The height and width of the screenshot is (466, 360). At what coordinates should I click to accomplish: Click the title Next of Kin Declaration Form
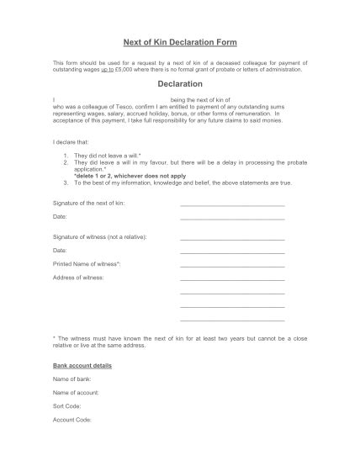coord(180,42)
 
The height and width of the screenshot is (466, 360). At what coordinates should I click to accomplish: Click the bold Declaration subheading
coord(180,84)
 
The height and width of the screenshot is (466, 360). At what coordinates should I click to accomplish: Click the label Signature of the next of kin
coord(89,204)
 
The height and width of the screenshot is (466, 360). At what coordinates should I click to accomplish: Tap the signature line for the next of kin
coord(232,204)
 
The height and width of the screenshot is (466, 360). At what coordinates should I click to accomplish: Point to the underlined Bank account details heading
coord(82,366)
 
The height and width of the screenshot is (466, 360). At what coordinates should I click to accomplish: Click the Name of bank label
coord(73,380)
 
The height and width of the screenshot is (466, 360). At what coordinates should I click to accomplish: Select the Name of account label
coord(77,393)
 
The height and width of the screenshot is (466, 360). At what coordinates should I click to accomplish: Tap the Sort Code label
coord(66,406)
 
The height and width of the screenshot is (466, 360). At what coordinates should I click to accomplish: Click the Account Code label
coord(71,419)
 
